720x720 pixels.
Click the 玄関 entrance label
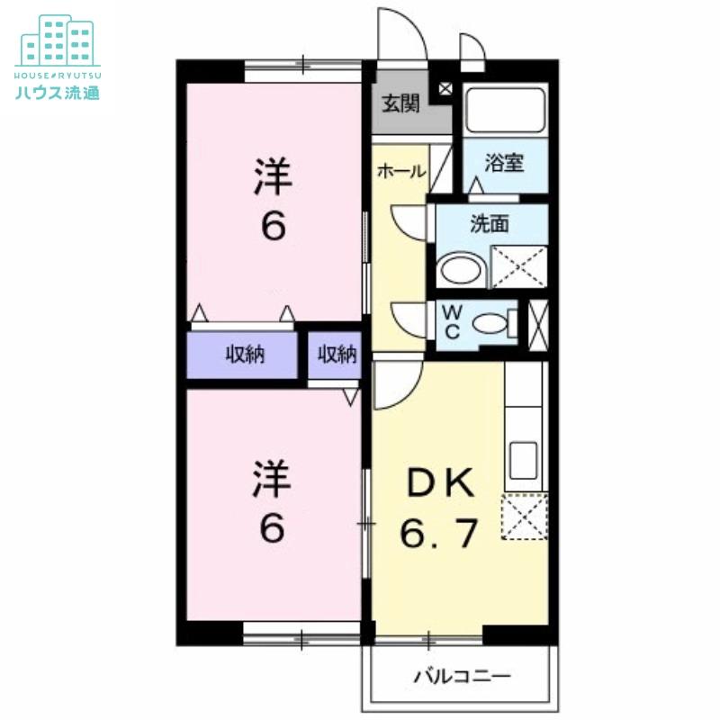(400, 103)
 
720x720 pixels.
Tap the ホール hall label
(401, 171)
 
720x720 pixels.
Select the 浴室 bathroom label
(504, 163)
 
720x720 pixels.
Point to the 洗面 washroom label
(490, 223)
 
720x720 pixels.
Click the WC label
(453, 321)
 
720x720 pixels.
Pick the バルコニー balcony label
(463, 676)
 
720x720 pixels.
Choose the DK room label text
(440, 482)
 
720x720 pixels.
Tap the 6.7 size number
(439, 533)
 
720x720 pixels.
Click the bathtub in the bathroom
(505, 109)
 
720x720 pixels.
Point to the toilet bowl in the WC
(490, 323)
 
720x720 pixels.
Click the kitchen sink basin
(524, 461)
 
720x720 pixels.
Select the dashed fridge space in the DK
(525, 516)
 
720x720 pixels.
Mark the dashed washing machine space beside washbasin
(519, 267)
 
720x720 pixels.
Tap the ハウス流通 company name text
(58, 93)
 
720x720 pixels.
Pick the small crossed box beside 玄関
(445, 88)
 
